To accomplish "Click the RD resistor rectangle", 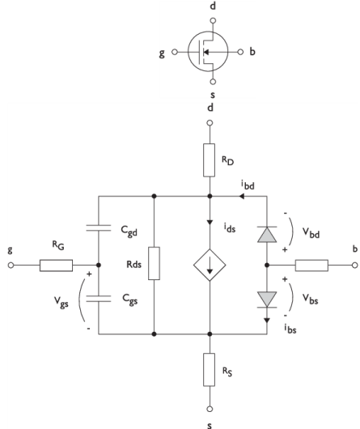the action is point(209,160).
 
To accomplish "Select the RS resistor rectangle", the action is point(209,370).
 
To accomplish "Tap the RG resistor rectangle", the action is point(57,265).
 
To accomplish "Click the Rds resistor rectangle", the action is point(155,264).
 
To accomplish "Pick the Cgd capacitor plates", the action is point(99,228).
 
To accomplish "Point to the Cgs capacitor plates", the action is point(99,299).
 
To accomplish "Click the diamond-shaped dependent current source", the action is point(210,265).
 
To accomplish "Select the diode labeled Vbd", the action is point(267,235).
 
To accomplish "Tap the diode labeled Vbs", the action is point(267,299).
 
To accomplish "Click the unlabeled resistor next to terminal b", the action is point(311,265).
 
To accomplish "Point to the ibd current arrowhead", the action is point(242,196).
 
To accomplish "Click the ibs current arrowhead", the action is point(267,321).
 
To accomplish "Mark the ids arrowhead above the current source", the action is point(210,222).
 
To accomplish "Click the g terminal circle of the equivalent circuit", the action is point(11,265).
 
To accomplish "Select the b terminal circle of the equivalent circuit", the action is point(355,265).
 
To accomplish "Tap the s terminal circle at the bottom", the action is point(210,409).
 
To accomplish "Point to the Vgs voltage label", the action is point(61,302).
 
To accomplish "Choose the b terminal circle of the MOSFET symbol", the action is point(240,52).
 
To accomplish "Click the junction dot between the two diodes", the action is point(267,265).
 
